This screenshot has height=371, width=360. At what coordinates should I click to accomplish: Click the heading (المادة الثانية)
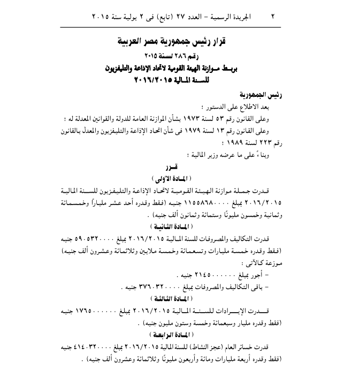180,227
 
